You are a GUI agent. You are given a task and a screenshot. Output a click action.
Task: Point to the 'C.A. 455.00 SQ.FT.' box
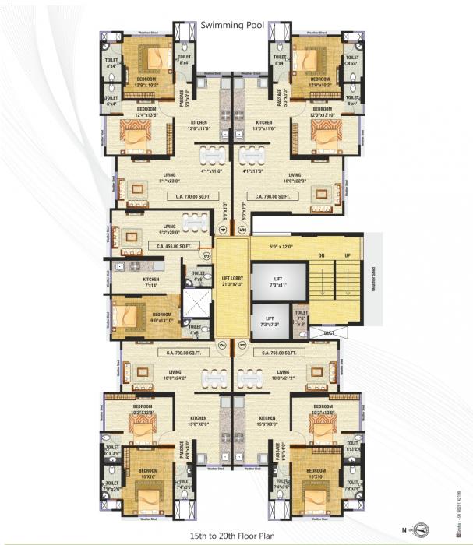pos(173,246)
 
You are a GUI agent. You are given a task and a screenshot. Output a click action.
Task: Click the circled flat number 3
pos(207,255)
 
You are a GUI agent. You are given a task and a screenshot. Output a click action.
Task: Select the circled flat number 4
pos(223,230)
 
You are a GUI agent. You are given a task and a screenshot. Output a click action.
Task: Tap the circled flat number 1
pos(242,344)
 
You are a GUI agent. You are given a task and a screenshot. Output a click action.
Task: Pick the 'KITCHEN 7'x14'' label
pos(151,282)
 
